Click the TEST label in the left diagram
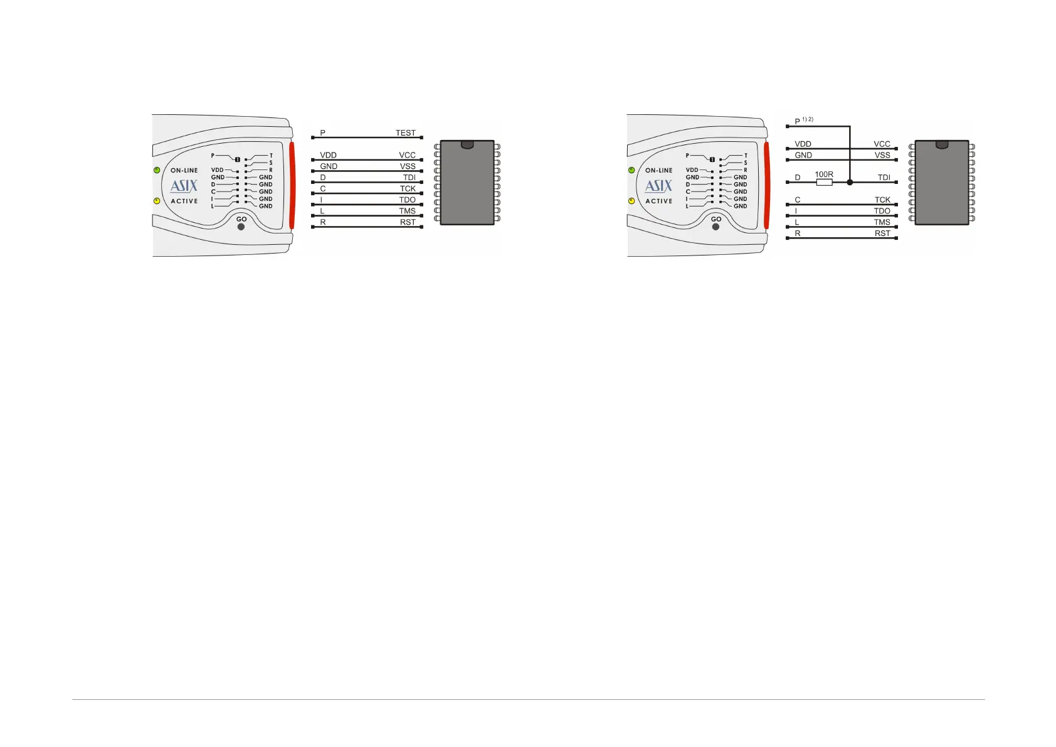click(405, 133)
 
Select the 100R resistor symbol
click(824, 183)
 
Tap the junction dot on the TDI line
click(850, 183)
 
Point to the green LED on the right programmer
click(631, 170)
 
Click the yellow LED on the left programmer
click(157, 201)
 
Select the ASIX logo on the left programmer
click(184, 186)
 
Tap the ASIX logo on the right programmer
click(658, 186)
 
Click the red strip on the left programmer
click(292, 185)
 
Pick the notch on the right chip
click(941, 145)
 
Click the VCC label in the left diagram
click(407, 155)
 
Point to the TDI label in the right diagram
click(884, 178)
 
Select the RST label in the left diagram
click(408, 222)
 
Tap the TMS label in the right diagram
click(882, 222)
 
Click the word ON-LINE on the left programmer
click(184, 171)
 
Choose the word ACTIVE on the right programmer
click(658, 202)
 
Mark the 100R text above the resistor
click(824, 175)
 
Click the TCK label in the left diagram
click(408, 189)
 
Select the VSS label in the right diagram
click(882, 155)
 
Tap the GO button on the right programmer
click(715, 226)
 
